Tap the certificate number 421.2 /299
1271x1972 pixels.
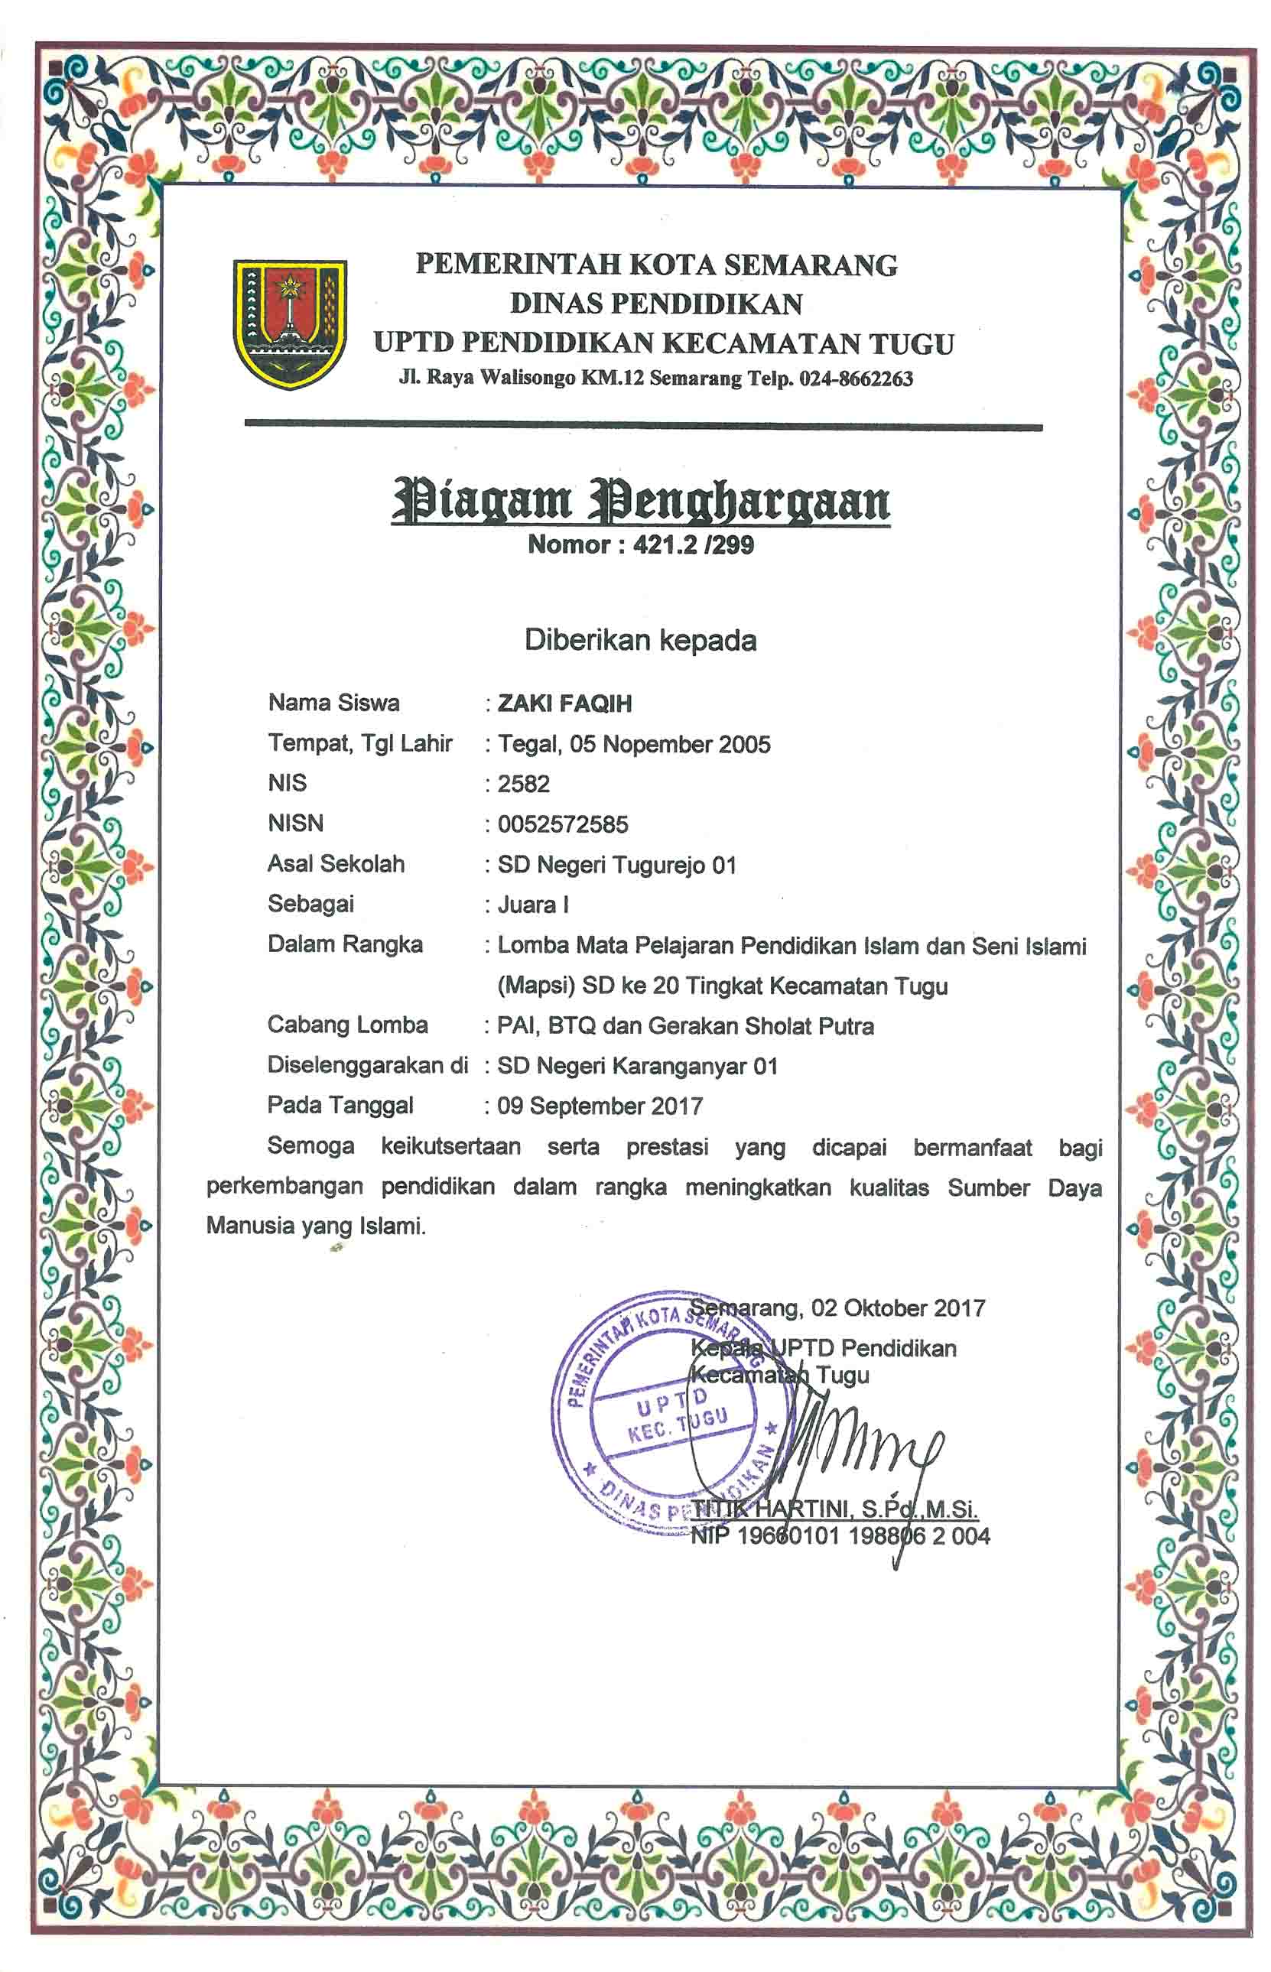point(694,545)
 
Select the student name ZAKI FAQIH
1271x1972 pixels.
point(564,703)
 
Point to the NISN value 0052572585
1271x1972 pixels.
point(562,824)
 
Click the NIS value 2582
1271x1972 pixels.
point(523,784)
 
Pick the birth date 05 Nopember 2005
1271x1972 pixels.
point(669,744)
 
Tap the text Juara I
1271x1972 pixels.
point(532,905)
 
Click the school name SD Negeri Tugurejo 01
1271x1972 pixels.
point(616,865)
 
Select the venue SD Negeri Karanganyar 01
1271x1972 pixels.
point(637,1066)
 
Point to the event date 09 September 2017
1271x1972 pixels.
point(600,1106)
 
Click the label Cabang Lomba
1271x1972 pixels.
point(347,1025)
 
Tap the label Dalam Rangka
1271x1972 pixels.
point(345,945)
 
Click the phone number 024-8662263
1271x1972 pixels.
point(856,378)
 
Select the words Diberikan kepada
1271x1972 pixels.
point(640,640)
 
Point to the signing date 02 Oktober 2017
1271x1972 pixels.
point(898,1308)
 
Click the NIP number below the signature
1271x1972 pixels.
point(840,1535)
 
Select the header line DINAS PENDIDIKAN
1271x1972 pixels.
point(656,304)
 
